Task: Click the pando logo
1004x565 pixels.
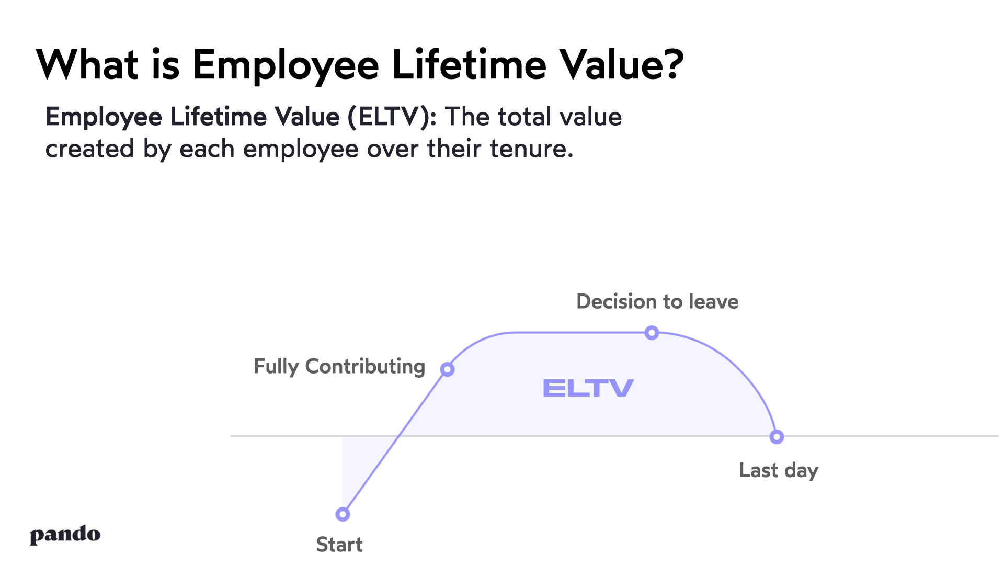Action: (65, 535)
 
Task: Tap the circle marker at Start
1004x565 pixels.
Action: (343, 514)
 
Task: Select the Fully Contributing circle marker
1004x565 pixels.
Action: (447, 369)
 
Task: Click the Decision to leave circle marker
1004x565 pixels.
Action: (652, 333)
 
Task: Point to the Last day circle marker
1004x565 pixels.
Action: (777, 437)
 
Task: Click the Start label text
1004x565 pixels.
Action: (339, 545)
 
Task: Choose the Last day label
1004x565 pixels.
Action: (778, 470)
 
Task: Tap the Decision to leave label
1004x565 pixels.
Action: (657, 302)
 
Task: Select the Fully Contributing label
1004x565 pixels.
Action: (339, 367)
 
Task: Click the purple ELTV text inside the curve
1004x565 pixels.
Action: (588, 388)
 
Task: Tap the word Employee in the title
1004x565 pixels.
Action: (286, 66)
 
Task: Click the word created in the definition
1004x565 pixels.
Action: (89, 149)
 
